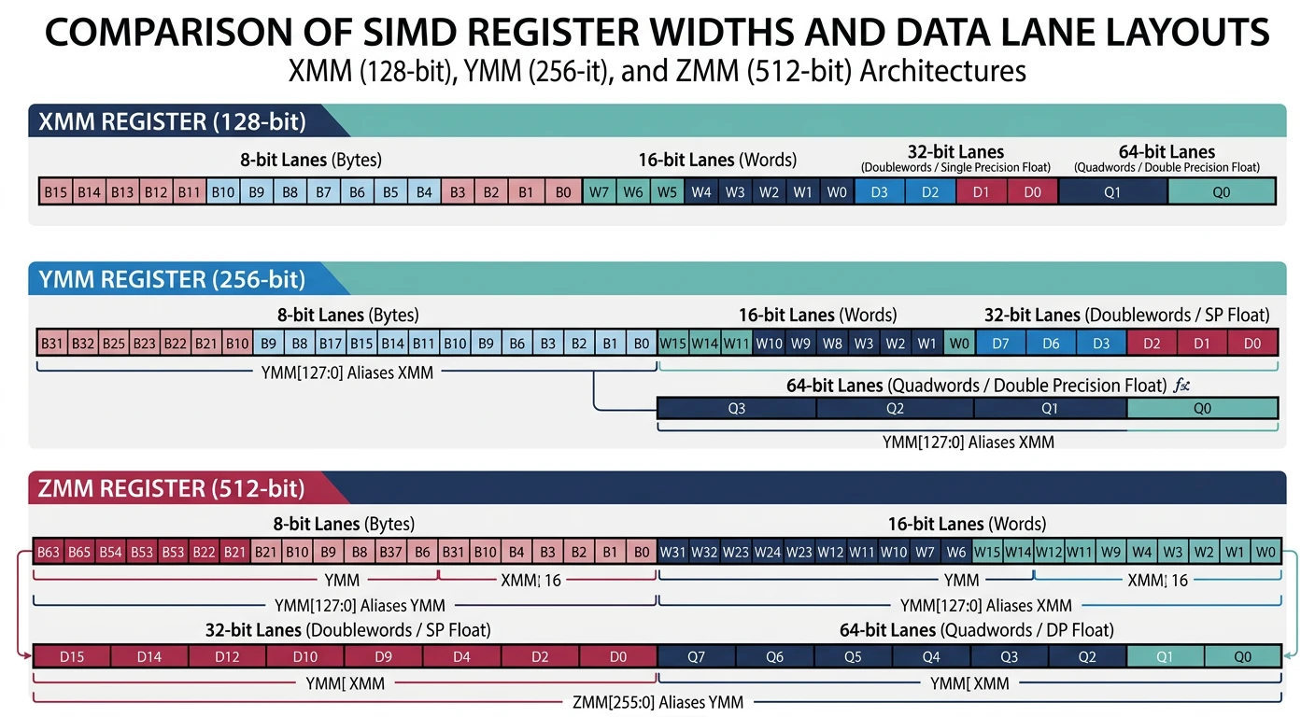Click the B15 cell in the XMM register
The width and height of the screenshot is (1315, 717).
coord(55,192)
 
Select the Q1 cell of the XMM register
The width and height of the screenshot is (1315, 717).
coord(1112,192)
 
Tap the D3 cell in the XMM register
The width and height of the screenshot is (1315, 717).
coord(879,192)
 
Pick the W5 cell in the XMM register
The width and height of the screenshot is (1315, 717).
coord(666,192)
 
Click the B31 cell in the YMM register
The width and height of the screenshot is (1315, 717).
coord(52,343)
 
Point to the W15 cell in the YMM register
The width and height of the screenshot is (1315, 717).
coord(673,343)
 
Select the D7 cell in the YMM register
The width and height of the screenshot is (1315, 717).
coord(1000,343)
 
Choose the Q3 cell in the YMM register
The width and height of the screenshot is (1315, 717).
coord(736,408)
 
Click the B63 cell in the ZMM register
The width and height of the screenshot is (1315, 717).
coord(49,552)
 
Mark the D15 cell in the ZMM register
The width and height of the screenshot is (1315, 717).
coord(72,656)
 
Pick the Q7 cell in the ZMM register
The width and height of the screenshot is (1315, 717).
coord(697,656)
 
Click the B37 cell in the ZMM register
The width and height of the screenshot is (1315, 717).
coord(391,552)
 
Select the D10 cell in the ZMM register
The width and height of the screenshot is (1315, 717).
coord(305,656)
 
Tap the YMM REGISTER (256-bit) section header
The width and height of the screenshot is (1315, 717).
coord(173,279)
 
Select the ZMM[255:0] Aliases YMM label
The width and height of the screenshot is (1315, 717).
coord(657,701)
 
